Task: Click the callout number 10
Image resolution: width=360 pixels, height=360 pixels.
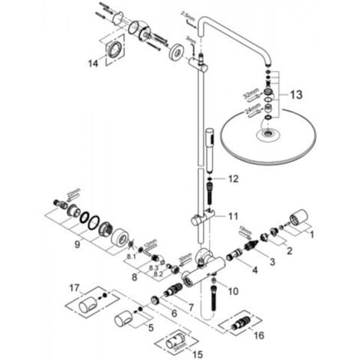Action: click(x=231, y=291)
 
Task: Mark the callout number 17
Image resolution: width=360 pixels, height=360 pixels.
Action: click(x=75, y=289)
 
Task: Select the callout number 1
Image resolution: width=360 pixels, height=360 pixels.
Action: click(x=312, y=237)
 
